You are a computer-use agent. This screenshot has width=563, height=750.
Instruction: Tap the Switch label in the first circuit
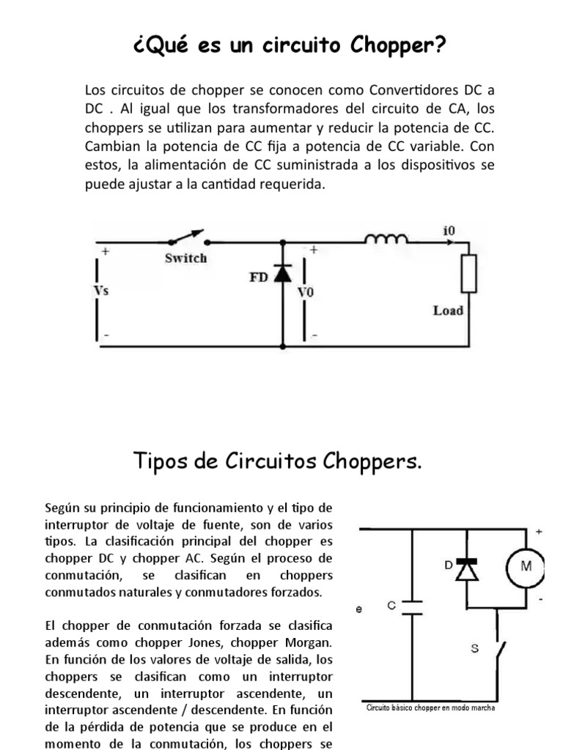185,258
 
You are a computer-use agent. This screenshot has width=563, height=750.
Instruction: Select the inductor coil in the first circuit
387,239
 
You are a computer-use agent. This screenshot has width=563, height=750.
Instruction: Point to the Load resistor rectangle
467,274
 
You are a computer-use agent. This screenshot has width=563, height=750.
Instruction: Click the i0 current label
449,230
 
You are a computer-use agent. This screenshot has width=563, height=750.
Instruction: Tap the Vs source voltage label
101,291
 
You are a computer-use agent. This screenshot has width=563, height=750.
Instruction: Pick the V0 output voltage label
305,292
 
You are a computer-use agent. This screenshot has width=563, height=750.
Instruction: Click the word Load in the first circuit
448,311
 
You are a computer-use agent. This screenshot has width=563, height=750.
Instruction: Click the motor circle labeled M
525,566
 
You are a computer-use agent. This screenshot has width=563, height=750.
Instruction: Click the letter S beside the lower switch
474,649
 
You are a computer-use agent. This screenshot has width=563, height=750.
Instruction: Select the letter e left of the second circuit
359,607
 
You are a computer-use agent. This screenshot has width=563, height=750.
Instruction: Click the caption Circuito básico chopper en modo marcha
430,708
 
